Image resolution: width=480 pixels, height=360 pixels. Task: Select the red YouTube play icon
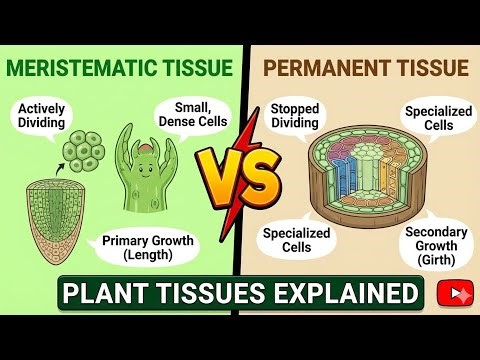click(456, 294)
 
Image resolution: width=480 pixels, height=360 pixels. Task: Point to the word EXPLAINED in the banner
click(345, 294)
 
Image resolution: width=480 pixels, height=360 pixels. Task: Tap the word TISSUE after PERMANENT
click(424, 68)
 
